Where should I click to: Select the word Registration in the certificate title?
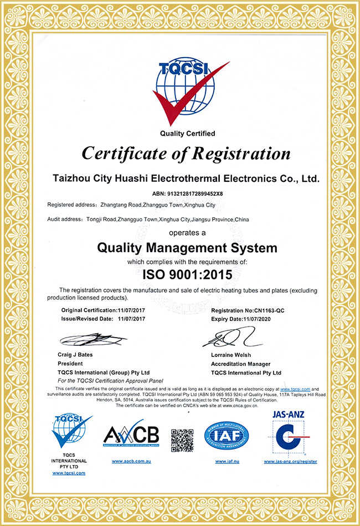click(239, 154)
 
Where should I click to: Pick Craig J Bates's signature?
click(91, 338)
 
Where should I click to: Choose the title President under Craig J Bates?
click(70, 364)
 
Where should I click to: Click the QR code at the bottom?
click(182, 440)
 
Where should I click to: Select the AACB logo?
click(131, 436)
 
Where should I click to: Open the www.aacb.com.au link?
click(131, 461)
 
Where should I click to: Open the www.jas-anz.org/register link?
click(290, 461)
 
